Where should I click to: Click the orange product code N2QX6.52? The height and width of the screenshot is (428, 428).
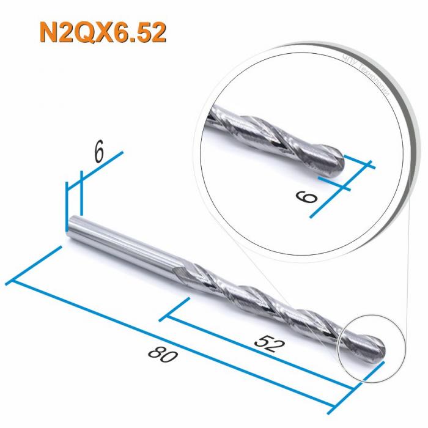[103, 33]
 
